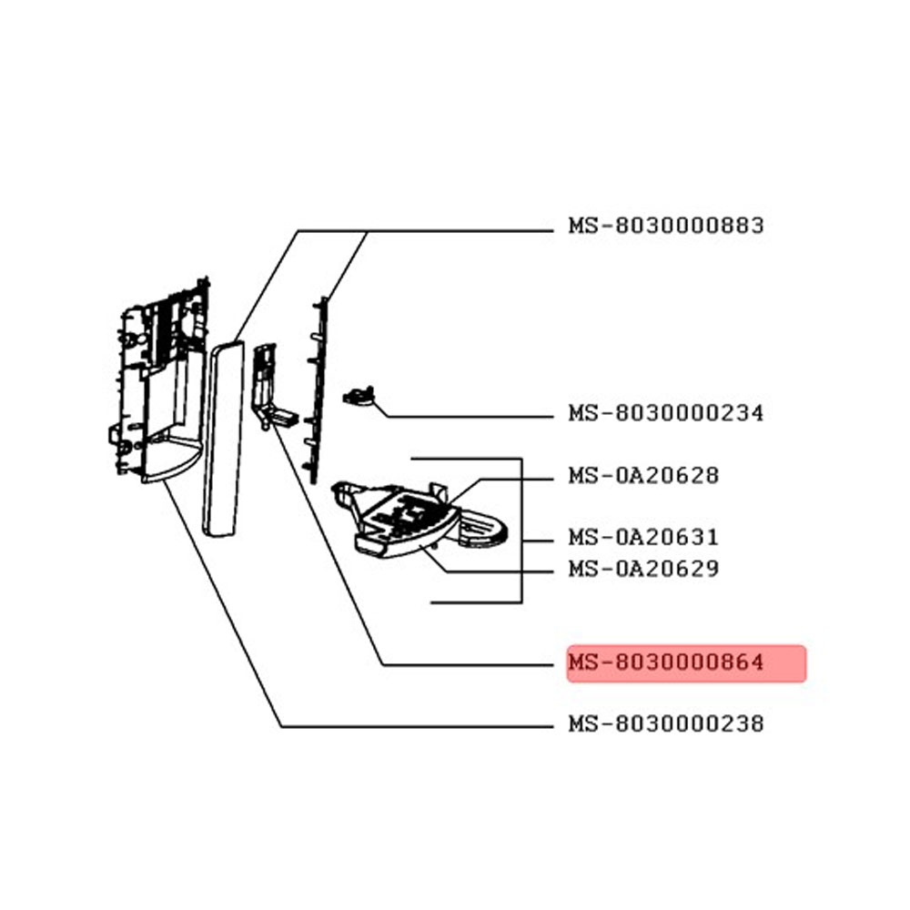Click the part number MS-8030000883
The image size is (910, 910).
click(666, 225)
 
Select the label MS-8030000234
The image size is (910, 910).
click(666, 413)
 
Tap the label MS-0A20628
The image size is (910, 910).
click(643, 476)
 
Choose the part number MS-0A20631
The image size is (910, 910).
click(643, 538)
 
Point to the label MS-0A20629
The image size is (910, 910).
click(643, 569)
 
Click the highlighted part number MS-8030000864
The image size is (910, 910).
click(666, 662)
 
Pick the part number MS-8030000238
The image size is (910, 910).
click(666, 724)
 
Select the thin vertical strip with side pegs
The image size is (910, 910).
click(318, 390)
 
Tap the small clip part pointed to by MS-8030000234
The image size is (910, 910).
click(359, 396)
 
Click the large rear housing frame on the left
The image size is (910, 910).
click(158, 380)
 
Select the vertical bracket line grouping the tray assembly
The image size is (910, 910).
click(521, 531)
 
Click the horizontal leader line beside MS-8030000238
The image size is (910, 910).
click(417, 726)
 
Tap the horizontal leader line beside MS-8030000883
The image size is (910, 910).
click(425, 231)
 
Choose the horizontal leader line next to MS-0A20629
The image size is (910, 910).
click(498, 571)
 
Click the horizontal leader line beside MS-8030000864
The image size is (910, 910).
click(468, 664)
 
